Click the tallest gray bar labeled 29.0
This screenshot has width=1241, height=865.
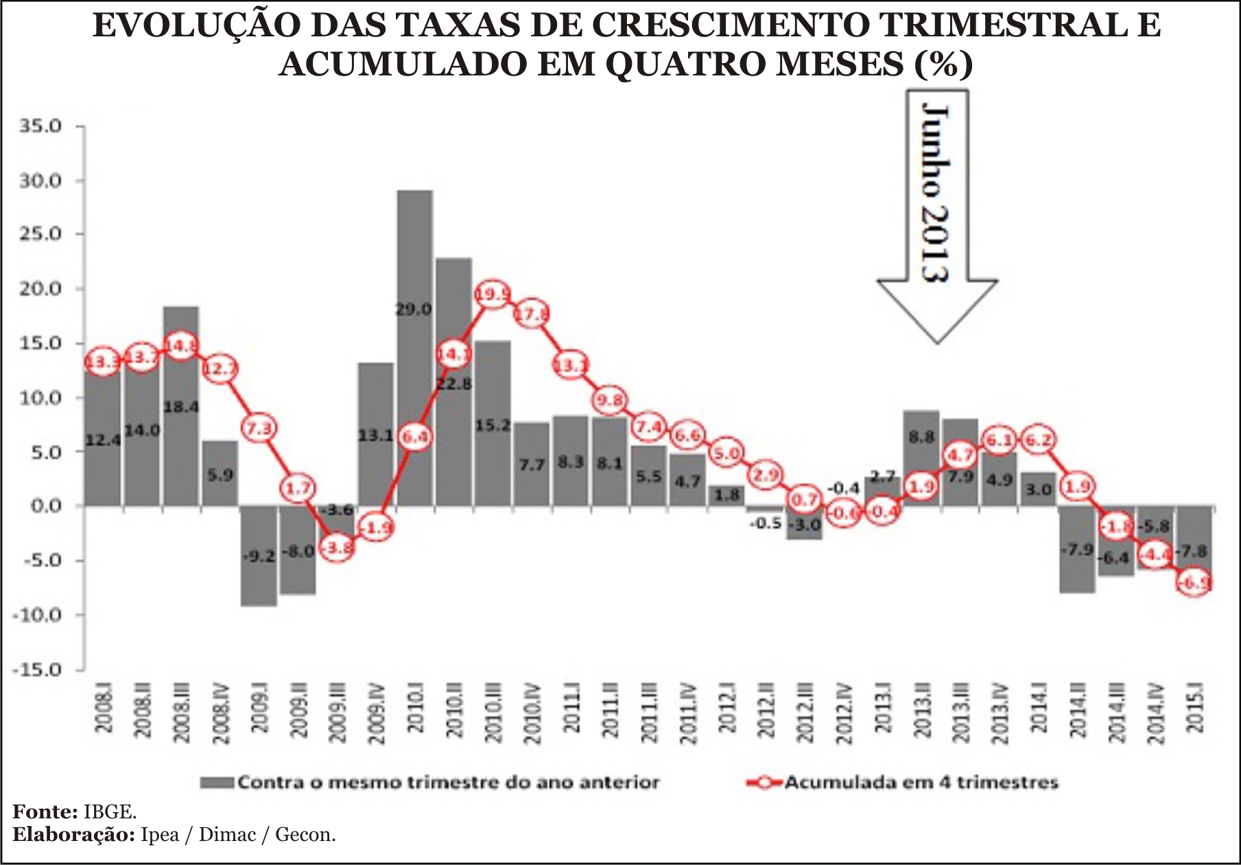(415, 343)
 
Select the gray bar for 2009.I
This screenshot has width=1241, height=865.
(259, 556)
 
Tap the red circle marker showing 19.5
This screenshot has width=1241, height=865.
(493, 295)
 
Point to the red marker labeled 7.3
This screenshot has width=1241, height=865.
(259, 429)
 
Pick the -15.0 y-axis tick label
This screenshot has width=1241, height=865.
(38, 670)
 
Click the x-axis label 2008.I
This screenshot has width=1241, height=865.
(104, 713)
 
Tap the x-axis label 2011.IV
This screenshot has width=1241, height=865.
(688, 713)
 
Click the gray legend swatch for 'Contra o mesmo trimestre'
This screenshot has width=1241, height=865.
(217, 783)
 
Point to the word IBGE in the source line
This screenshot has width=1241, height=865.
(110, 812)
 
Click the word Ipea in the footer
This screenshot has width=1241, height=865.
(160, 835)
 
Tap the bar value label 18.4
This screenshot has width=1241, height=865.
(181, 407)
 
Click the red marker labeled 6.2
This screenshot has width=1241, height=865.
(1037, 440)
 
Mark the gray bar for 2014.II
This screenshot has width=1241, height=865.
(1076, 549)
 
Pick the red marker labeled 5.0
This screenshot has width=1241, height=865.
(726, 453)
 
